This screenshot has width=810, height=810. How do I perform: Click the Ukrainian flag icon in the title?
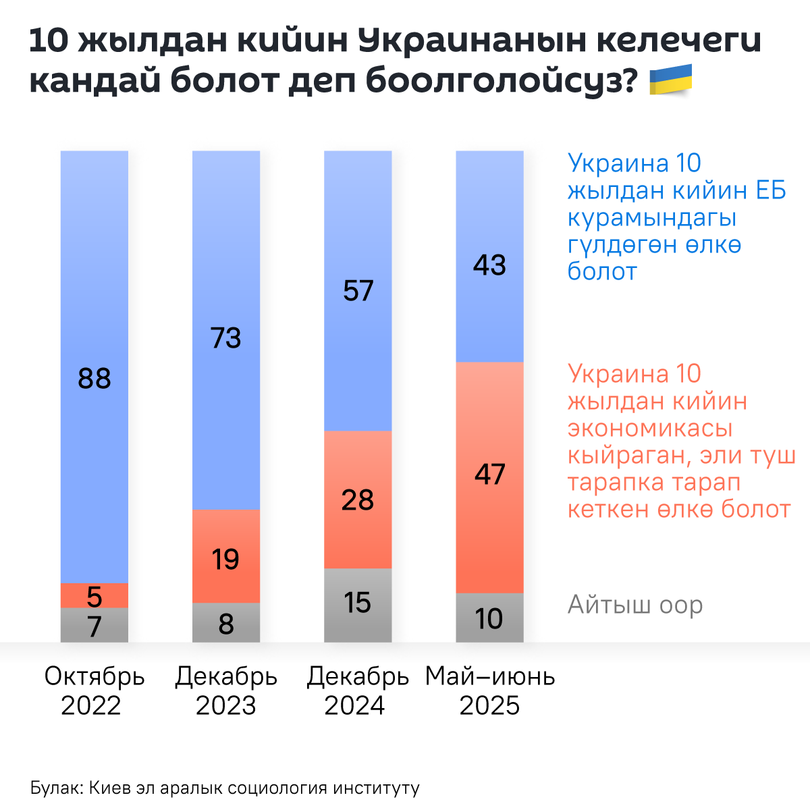click(x=670, y=79)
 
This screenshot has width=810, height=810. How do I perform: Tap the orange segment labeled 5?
click(x=94, y=595)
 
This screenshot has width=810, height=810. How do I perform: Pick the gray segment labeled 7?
click(x=94, y=625)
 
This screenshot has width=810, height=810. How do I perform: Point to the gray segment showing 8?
click(x=226, y=622)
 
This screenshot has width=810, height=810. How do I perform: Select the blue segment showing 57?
click(x=358, y=291)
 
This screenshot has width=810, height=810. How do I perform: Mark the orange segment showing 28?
click(x=358, y=500)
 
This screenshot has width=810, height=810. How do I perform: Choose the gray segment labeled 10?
click(x=489, y=618)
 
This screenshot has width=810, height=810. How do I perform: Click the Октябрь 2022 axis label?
click(x=94, y=691)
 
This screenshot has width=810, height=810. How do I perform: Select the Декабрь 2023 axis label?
click(x=226, y=691)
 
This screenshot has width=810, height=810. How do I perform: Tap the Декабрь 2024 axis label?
click(x=358, y=691)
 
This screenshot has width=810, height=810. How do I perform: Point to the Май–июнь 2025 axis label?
click(x=490, y=691)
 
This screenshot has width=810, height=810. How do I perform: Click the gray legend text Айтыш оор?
click(x=635, y=605)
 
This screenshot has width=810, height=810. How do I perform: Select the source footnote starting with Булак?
click(x=225, y=788)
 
